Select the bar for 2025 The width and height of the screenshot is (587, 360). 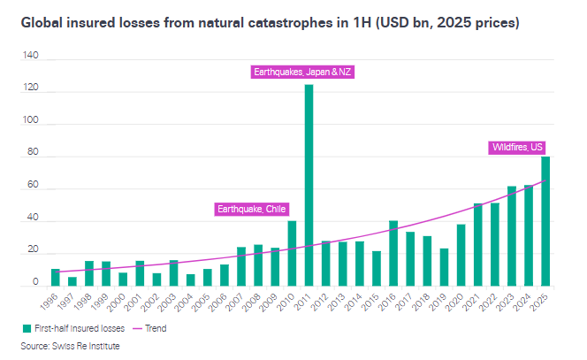pyautogui.click(x=546, y=221)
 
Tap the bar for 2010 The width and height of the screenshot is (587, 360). pyautogui.click(x=293, y=253)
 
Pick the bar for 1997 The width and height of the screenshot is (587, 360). pyautogui.click(x=72, y=281)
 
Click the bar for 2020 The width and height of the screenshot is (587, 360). pyautogui.click(x=461, y=255)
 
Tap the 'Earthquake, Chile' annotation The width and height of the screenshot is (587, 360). pyautogui.click(x=251, y=209)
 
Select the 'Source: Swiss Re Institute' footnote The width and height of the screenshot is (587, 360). pyautogui.click(x=70, y=346)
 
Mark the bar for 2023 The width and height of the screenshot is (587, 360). pyautogui.click(x=512, y=236)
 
